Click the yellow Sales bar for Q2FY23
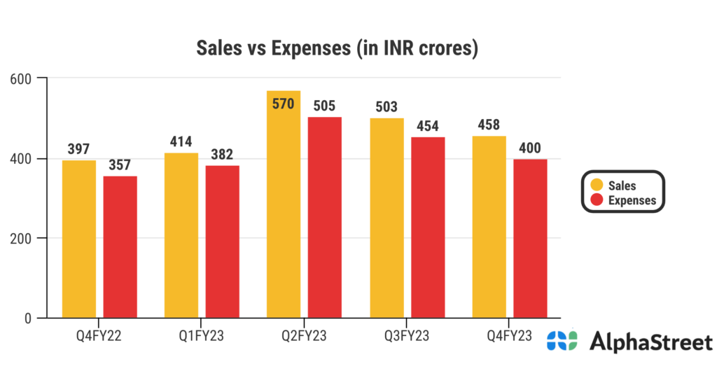pyautogui.click(x=284, y=210)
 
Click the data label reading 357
pyautogui.click(x=120, y=165)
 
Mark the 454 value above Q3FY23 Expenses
pyautogui.click(x=428, y=126)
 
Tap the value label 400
pyautogui.click(x=530, y=148)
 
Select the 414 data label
pyautogui.click(x=181, y=141)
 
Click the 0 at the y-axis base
pyautogui.click(x=28, y=319)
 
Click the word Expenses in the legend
pyautogui.click(x=632, y=200)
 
